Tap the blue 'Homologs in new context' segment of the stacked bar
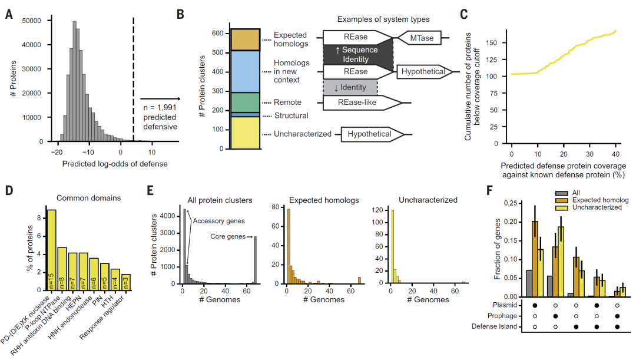(245, 71)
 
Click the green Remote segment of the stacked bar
(245, 102)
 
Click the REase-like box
(362, 103)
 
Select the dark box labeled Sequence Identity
(356, 55)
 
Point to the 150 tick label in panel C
(499, 43)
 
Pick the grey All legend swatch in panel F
(560, 193)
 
